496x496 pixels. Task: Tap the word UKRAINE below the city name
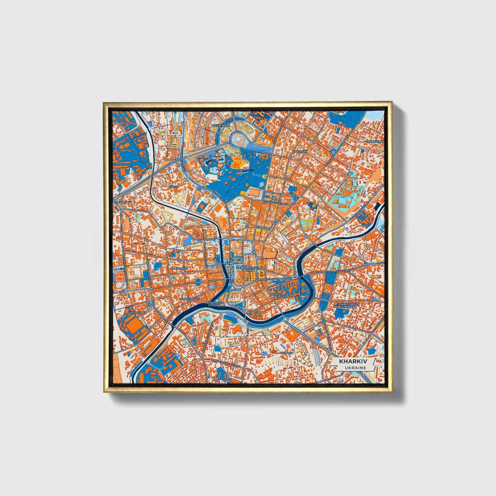(351, 368)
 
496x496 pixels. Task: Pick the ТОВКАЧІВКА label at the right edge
(375, 141)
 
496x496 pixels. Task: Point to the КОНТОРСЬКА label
(190, 299)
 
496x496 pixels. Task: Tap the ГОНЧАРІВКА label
(137, 313)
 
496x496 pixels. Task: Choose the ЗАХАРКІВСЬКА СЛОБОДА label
(349, 305)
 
